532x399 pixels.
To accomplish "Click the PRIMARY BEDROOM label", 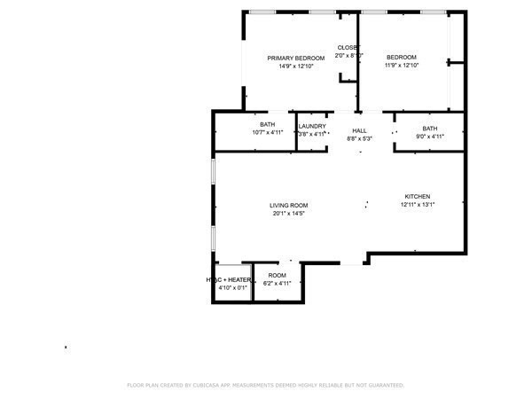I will click(x=296, y=58).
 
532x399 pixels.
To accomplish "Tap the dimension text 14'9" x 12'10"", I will click(x=296, y=66).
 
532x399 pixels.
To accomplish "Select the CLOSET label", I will click(x=348, y=47).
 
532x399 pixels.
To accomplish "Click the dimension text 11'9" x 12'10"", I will click(x=401, y=66).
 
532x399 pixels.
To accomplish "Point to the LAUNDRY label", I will click(x=312, y=126).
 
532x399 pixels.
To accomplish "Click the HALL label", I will click(x=359, y=130).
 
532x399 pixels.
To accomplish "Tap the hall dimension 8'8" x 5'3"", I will click(x=359, y=138).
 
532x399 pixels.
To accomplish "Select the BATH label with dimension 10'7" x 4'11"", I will click(x=267, y=125).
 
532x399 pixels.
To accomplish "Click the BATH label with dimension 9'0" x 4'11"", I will click(x=430, y=129).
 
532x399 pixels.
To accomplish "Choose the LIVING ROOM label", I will click(x=289, y=205).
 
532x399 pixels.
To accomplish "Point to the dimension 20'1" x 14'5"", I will click(x=289, y=213).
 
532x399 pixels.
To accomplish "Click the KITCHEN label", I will click(x=418, y=196).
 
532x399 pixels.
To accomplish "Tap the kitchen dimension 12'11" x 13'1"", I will click(x=418, y=205).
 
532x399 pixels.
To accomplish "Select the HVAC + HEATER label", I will click(x=229, y=279).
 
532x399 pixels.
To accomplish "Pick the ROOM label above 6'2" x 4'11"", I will click(x=277, y=275).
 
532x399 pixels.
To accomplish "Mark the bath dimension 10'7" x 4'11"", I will click(x=267, y=133).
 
